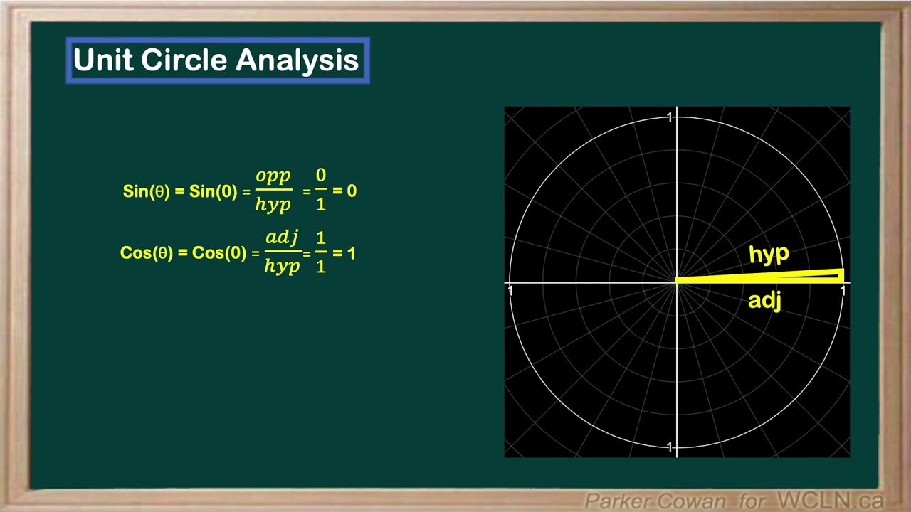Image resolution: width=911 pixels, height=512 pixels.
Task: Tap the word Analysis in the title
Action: (297, 60)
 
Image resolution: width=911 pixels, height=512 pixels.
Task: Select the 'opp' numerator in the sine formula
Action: (273, 176)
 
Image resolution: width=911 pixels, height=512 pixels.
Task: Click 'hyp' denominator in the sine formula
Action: (273, 205)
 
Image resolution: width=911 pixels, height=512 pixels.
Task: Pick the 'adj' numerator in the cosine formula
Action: (282, 237)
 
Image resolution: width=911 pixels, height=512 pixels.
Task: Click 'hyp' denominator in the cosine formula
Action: (282, 266)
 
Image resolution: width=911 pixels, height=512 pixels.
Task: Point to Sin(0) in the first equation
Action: (213, 191)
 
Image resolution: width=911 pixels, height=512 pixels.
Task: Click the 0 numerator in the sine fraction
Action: (321, 176)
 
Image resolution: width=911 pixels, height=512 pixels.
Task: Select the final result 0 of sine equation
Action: (352, 191)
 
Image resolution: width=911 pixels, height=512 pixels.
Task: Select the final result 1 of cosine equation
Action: (351, 253)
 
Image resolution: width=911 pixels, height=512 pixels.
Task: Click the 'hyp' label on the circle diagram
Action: (769, 255)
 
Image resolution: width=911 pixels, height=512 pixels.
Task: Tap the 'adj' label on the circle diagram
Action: (764, 301)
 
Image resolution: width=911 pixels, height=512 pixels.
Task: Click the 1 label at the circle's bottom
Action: (669, 447)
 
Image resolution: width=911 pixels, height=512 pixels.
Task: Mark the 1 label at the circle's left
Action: (510, 291)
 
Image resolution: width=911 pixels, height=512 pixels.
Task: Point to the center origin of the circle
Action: (676, 282)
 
